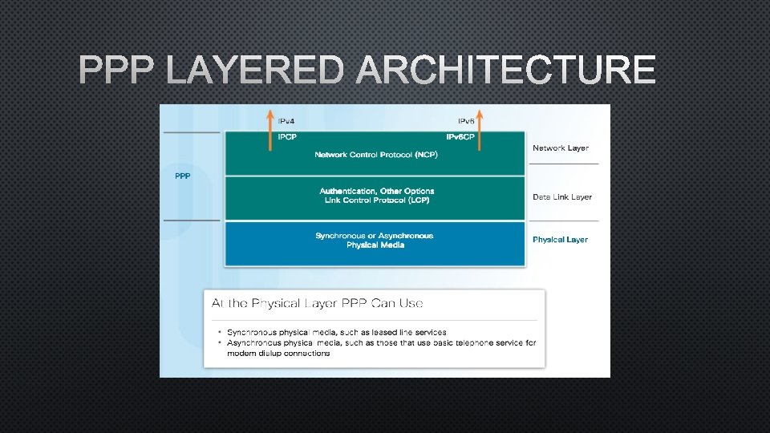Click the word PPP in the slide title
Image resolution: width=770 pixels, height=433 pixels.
[119, 71]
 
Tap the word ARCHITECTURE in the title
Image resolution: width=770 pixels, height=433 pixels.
[506, 71]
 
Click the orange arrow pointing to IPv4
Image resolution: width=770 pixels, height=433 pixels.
[269, 128]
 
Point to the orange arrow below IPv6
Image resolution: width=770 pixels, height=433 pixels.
[480, 128]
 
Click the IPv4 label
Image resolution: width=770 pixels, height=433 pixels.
[286, 121]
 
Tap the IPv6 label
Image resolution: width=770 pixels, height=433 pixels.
[465, 121]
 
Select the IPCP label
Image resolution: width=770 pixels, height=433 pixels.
[287, 137]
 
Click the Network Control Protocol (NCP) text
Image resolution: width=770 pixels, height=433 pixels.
[375, 154]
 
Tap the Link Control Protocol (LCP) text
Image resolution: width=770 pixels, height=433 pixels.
[376, 200]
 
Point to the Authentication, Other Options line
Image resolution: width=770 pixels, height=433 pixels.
[376, 191]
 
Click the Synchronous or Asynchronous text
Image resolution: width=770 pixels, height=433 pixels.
[374, 236]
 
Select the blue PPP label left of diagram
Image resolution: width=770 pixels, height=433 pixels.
[183, 176]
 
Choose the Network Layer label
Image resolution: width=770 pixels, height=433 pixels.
[561, 148]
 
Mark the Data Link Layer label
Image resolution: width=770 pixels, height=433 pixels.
[562, 197]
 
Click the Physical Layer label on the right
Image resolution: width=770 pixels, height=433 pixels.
[560, 240]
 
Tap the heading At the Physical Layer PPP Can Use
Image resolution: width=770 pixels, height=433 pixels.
[317, 303]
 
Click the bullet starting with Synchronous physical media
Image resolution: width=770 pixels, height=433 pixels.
[336, 332]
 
